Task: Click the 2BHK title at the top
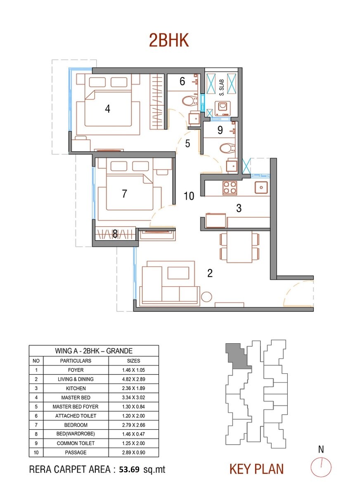click(169, 41)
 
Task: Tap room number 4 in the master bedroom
click(108, 109)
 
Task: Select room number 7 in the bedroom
click(125, 193)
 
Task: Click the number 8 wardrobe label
click(115, 234)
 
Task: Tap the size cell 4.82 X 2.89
click(133, 379)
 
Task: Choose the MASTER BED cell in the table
click(76, 398)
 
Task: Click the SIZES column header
click(133, 361)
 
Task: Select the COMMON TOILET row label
click(76, 443)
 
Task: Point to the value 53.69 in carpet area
click(130, 469)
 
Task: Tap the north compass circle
click(321, 467)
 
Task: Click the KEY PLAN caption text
click(256, 469)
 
